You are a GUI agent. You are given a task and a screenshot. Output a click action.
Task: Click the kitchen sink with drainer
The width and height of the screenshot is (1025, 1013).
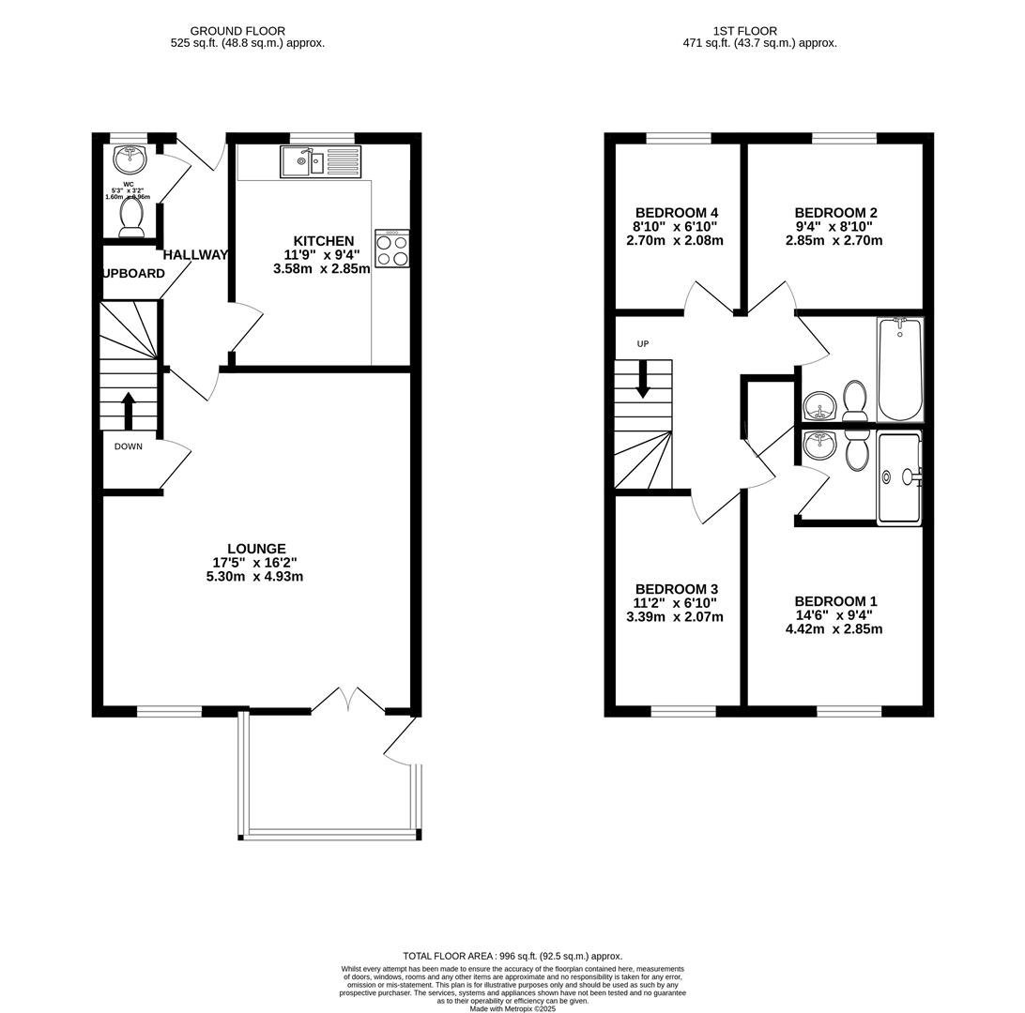320,162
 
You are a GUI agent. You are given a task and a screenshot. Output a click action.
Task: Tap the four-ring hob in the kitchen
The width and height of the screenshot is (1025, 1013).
391,249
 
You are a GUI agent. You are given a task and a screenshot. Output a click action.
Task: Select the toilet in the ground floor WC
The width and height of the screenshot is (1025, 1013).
130,217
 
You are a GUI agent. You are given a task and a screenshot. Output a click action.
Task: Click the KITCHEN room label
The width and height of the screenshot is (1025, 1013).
323,241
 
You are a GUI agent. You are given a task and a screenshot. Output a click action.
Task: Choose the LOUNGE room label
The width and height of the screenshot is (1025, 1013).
255,549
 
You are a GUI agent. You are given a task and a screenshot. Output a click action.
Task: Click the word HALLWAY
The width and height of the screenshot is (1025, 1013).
195,255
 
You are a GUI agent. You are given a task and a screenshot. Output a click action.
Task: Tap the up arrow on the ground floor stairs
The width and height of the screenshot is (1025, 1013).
129,408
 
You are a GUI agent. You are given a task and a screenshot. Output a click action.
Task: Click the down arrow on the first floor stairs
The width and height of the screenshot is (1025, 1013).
643,380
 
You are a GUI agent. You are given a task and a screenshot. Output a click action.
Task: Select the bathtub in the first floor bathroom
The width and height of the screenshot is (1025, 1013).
900,370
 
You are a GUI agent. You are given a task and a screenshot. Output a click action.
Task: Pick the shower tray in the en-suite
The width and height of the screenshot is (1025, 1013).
898,477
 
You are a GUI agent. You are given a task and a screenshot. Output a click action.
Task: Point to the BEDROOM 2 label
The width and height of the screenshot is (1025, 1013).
835,213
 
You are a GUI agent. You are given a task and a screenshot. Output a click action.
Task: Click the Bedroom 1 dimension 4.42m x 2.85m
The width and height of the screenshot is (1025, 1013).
834,629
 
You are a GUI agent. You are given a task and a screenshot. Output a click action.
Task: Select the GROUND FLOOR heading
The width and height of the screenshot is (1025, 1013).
237,31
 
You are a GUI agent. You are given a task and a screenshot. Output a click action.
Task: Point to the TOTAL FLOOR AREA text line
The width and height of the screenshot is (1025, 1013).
512,956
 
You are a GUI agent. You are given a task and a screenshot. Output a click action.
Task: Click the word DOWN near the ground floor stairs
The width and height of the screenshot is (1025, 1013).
129,446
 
